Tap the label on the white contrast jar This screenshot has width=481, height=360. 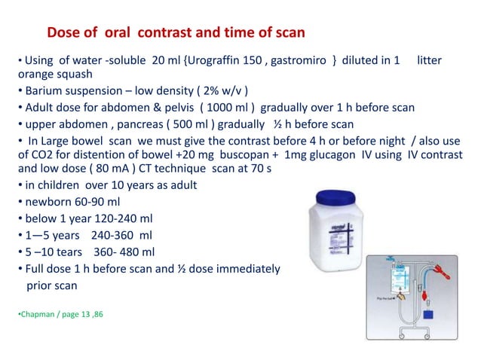pos(329,233)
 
